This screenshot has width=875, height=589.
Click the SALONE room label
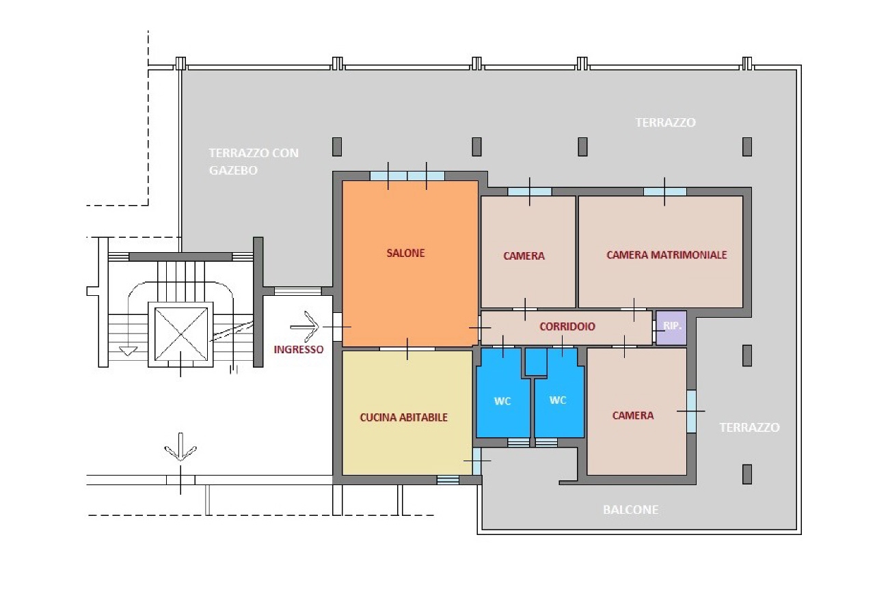click(405, 253)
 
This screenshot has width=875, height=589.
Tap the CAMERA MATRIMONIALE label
click(667, 255)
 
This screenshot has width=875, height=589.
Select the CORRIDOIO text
click(567, 327)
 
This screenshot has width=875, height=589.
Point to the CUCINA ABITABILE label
click(403, 417)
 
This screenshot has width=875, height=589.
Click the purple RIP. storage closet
click(671, 328)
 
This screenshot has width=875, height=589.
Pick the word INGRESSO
click(299, 350)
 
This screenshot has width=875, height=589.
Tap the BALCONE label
click(630, 510)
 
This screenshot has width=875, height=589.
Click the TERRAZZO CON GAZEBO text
click(254, 161)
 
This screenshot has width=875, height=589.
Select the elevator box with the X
click(181, 334)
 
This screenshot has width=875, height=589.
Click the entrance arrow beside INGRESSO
click(305, 327)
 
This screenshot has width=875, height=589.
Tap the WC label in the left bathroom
click(502, 401)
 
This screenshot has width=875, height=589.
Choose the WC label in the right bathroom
click(557, 400)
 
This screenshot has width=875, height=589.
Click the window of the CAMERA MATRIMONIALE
click(665, 192)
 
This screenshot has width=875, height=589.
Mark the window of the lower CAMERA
click(691, 411)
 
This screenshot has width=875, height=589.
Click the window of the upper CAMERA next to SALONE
click(530, 192)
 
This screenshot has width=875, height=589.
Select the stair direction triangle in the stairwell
click(128, 351)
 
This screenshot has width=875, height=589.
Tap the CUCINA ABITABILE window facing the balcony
click(477, 461)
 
